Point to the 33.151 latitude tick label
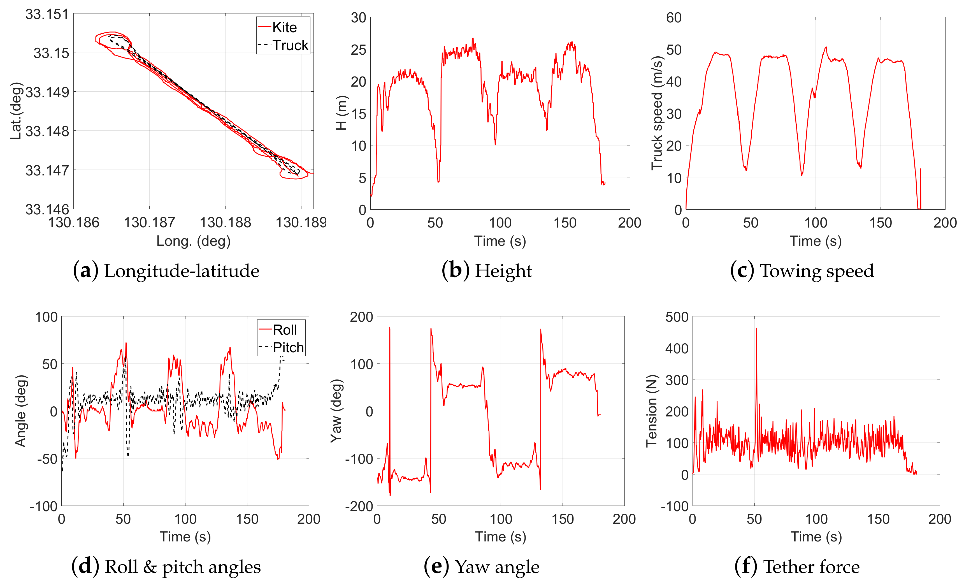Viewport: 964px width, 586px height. click(47, 15)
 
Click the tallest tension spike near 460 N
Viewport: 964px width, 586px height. click(756, 329)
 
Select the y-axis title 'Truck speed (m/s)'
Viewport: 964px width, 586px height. click(657, 114)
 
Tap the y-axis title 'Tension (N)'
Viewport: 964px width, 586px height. click(651, 411)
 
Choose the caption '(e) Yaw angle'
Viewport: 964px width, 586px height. click(482, 566)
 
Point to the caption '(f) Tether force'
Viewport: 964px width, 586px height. click(797, 566)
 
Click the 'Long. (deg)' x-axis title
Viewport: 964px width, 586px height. click(193, 241)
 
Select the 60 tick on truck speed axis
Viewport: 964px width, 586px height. click(674, 18)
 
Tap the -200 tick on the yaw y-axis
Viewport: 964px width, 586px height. click(359, 506)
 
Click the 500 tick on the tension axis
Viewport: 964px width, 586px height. click(677, 317)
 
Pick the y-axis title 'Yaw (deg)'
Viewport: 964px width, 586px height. click(336, 411)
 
